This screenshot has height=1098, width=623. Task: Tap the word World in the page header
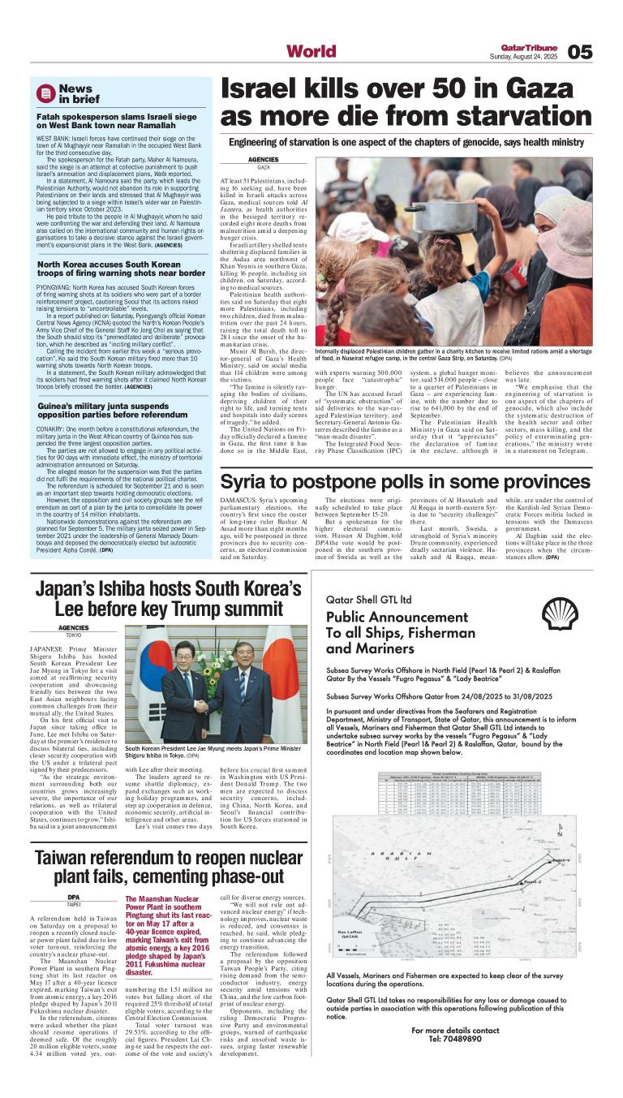point(311,52)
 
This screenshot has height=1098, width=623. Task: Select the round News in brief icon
point(45,93)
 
